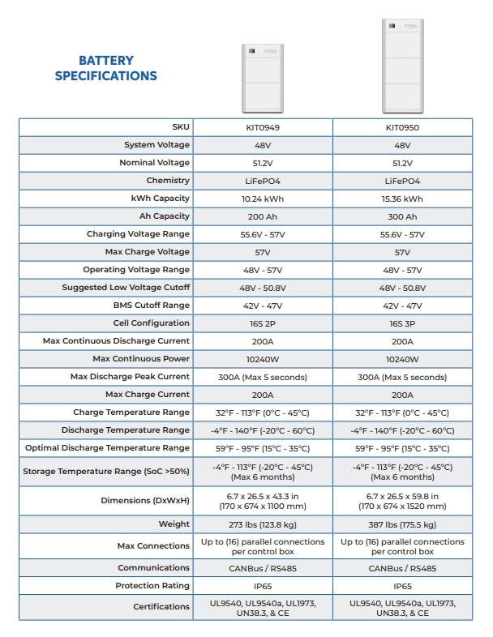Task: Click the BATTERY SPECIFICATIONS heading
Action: [105, 68]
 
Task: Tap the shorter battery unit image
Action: [262, 78]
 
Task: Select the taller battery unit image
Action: [402, 67]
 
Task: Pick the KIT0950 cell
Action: [402, 127]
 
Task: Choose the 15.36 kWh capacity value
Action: [402, 199]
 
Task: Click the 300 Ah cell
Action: [402, 216]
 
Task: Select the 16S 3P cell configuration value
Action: [402, 323]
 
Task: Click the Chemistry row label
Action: [168, 181]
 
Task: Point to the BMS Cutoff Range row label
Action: [152, 306]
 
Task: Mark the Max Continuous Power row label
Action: [141, 359]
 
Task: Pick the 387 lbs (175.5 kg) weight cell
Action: [402, 524]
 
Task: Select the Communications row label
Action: [154, 568]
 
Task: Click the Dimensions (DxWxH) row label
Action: [145, 501]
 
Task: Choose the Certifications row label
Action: [161, 606]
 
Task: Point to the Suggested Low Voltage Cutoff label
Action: [126, 288]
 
